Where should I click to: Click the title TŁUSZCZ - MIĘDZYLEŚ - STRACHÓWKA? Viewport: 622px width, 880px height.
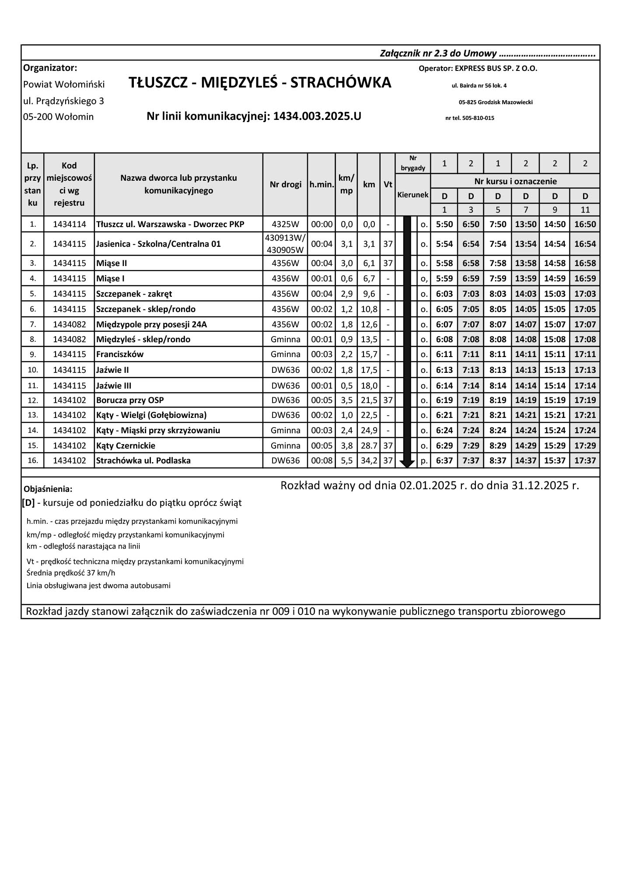(x=260, y=83)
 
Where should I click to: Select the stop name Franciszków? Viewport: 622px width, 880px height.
(x=120, y=354)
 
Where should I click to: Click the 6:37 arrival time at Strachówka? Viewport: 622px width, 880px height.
(x=444, y=461)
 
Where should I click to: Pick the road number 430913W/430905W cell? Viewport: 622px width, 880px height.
(x=285, y=244)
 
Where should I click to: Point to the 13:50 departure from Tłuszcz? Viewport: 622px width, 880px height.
(x=525, y=224)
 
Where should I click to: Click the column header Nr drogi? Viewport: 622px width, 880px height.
(x=285, y=184)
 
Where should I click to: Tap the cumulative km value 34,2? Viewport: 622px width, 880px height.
(x=369, y=461)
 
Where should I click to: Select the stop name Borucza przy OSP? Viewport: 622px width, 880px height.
(x=130, y=400)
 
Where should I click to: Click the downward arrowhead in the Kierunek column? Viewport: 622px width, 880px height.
(x=407, y=464)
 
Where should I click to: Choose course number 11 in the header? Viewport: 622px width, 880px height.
(x=585, y=210)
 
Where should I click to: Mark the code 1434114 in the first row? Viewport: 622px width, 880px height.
(x=70, y=224)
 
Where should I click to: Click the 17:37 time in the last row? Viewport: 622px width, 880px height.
(x=585, y=461)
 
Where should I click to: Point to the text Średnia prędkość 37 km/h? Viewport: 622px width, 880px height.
(x=71, y=573)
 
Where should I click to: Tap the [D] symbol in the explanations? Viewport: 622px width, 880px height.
(x=28, y=503)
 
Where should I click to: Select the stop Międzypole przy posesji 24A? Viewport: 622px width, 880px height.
(x=151, y=325)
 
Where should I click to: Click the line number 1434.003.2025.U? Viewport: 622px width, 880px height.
(x=317, y=116)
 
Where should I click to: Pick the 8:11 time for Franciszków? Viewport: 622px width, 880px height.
(x=498, y=354)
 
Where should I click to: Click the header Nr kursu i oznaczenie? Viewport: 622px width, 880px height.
(x=515, y=181)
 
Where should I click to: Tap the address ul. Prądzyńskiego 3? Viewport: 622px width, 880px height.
(x=63, y=101)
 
